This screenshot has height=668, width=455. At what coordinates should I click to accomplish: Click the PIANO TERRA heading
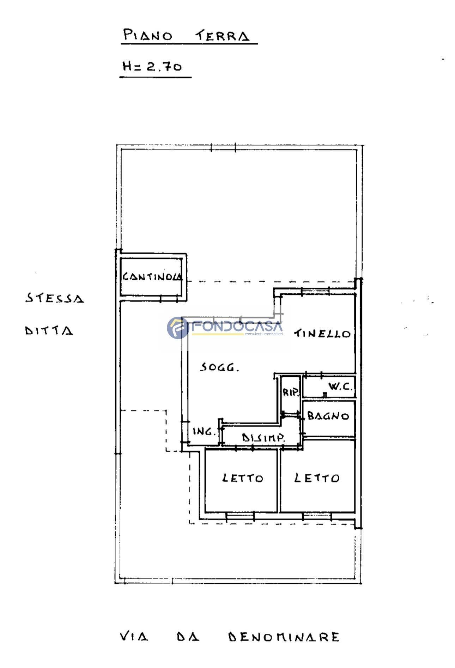(x=186, y=36)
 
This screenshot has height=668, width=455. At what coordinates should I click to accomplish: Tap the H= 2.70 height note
(x=152, y=66)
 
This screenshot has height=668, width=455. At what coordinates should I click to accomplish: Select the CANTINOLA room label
(x=153, y=277)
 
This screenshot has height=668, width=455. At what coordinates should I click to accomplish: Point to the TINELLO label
(x=322, y=333)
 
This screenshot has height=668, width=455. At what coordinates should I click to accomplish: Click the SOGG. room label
(x=219, y=368)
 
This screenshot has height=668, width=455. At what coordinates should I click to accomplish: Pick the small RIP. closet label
(x=291, y=392)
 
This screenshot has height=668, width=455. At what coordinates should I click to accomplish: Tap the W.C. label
(x=340, y=387)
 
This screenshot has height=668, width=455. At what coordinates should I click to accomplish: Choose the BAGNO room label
(x=328, y=416)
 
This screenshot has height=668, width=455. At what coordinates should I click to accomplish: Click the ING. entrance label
(x=204, y=431)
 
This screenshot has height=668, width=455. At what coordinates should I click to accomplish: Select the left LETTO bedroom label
(x=243, y=478)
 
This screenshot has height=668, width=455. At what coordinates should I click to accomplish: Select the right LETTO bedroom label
(x=317, y=478)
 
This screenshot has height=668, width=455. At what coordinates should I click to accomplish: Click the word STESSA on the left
(x=55, y=298)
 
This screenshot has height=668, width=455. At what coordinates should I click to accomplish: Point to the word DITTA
(x=49, y=331)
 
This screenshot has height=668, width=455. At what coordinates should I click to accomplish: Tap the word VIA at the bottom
(x=134, y=637)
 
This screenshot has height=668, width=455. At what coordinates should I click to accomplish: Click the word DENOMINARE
(x=284, y=637)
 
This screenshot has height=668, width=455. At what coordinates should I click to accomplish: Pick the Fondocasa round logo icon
(x=177, y=328)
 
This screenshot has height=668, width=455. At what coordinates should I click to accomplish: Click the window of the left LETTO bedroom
(x=240, y=517)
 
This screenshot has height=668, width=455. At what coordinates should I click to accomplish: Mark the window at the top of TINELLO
(x=316, y=291)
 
